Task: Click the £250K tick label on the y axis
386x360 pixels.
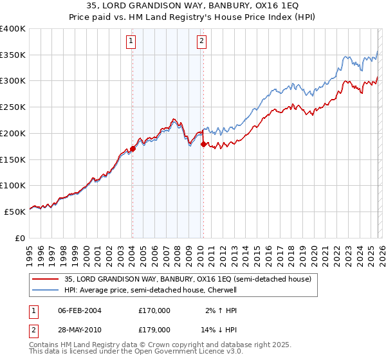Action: point(13,107)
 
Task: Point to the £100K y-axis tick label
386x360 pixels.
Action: point(13,185)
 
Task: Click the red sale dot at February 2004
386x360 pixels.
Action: point(133,148)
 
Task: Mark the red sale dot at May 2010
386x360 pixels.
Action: point(203,144)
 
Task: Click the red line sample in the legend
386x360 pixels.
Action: point(45,279)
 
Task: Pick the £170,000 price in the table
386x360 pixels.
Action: point(154,310)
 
